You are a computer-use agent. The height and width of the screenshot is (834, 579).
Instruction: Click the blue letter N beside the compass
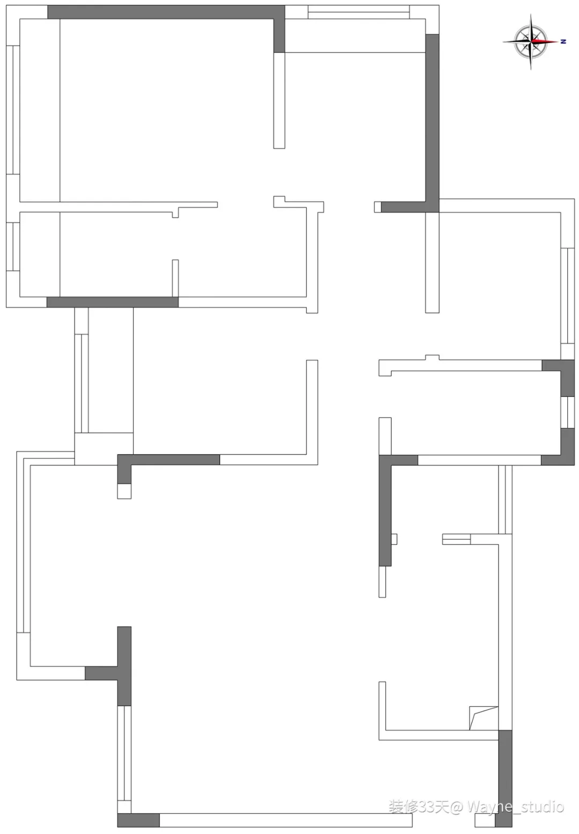tap(563, 41)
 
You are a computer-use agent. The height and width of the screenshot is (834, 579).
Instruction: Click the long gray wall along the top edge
tap(161, 12)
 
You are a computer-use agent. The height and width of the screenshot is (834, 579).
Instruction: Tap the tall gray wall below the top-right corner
tap(432, 118)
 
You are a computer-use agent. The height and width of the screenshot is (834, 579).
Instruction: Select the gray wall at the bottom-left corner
tap(138, 820)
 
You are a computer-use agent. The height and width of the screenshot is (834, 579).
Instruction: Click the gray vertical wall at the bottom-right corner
tap(504, 777)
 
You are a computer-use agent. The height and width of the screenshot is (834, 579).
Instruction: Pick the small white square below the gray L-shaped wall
tap(124, 491)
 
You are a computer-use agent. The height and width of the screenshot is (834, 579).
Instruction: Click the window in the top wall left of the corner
tap(359, 11)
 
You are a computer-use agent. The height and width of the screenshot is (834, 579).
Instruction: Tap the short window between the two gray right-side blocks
tap(567, 412)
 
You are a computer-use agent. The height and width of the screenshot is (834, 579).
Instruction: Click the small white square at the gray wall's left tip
tap(377, 207)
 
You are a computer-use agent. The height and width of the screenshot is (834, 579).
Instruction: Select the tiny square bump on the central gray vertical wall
tap(394, 539)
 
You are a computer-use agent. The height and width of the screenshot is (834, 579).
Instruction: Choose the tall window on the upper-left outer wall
tap(13, 109)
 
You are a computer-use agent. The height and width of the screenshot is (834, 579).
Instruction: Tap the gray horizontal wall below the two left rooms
tap(113, 302)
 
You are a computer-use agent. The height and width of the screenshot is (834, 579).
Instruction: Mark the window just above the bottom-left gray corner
tap(124, 753)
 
